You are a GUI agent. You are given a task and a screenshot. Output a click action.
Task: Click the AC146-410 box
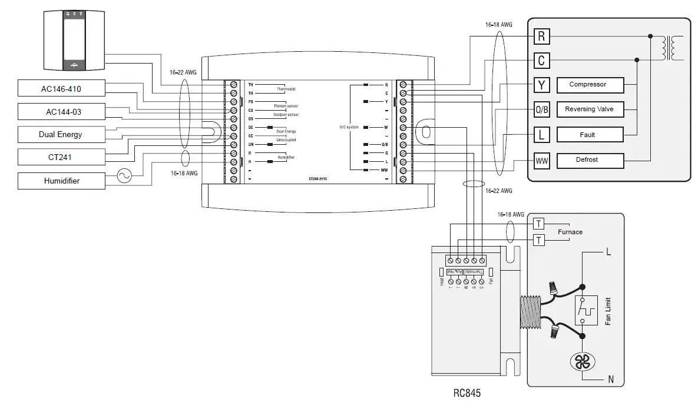pos(61,89)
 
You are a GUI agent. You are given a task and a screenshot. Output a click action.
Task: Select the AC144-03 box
pos(61,112)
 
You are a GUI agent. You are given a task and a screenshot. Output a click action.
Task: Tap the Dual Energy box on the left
pos(61,134)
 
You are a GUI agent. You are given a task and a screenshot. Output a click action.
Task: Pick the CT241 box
pos(61,157)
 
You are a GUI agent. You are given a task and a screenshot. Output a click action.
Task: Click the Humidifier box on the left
pos(61,181)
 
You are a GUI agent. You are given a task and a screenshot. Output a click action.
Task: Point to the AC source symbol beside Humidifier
pos(125,177)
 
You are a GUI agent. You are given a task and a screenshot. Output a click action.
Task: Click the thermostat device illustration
pos(74,39)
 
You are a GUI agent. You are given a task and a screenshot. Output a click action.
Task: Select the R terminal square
pos(541,37)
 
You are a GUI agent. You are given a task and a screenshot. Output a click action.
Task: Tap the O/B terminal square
pos(541,109)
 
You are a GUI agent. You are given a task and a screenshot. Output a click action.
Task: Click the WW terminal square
pos(541,160)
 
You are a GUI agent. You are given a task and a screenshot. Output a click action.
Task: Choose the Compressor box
pos(587,85)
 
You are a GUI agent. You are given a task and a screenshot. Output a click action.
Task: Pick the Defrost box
pos(587,160)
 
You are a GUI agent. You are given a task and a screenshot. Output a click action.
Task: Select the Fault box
pos(587,135)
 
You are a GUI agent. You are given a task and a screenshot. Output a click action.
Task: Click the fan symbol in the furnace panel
pos(582,362)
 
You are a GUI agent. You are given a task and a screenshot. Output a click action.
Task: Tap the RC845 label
pos(467,393)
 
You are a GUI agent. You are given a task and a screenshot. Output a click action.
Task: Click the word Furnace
pos(570,232)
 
